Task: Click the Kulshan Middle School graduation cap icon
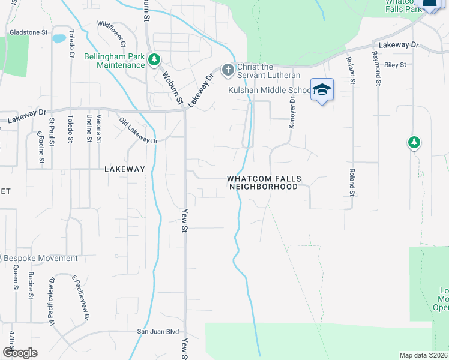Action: pos(322,89)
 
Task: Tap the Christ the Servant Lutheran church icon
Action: pos(228,70)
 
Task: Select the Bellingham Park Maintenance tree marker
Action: pos(155,59)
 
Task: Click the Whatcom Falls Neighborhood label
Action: pos(264,183)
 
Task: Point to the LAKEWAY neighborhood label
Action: pos(125,169)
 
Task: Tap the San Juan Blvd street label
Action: pos(158,331)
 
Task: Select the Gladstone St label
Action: pos(28,32)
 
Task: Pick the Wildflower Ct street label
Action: pos(112,34)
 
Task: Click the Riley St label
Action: pos(396,65)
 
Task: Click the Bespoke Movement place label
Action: pos(41,259)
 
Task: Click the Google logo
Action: pos(20,353)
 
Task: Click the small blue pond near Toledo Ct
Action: pos(59,39)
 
